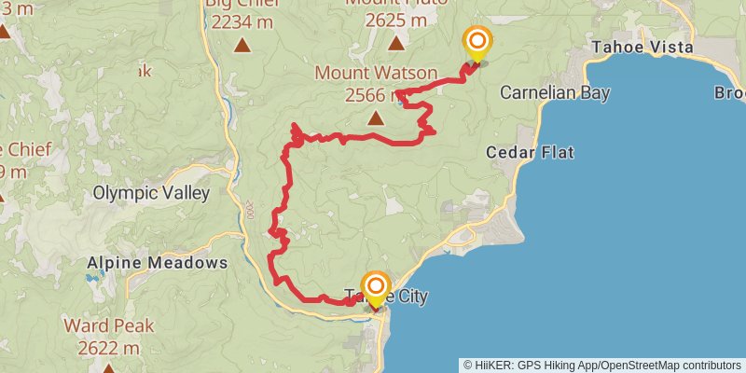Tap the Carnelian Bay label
pyautogui.click(x=554, y=93)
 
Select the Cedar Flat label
pyautogui.click(x=530, y=152)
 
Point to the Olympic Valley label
pyautogui.click(x=151, y=193)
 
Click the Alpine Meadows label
pyautogui.click(x=157, y=263)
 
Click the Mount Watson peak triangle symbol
pyautogui.click(x=375, y=118)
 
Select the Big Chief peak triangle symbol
pyautogui.click(x=242, y=44)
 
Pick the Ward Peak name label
pyautogui.click(x=103, y=326)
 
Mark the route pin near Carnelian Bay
pyautogui.click(x=477, y=43)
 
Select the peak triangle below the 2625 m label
pyautogui.click(x=397, y=43)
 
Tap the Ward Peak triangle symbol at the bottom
pyautogui.click(x=108, y=368)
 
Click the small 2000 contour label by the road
pyautogui.click(x=249, y=209)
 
